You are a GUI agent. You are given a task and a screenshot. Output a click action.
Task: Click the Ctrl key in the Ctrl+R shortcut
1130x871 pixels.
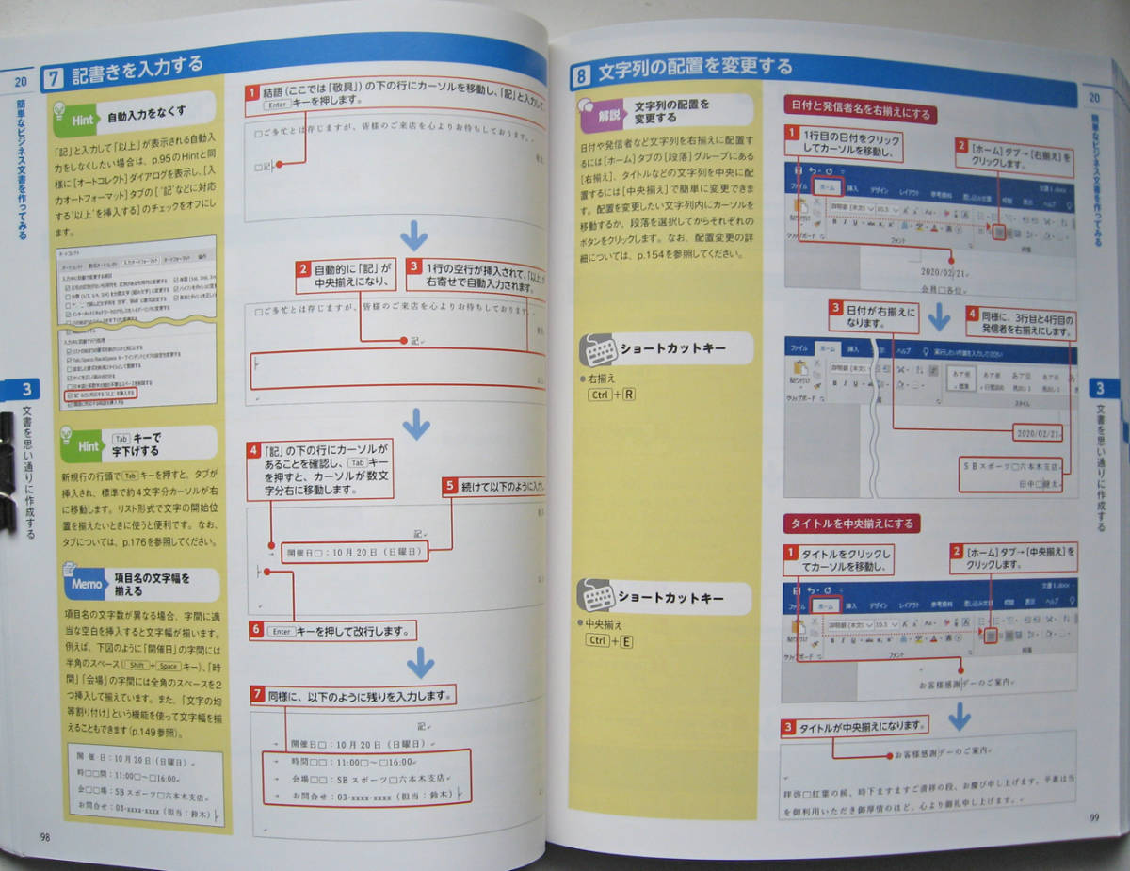click(599, 395)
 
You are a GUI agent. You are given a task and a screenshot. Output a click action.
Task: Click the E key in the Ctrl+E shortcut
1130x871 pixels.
click(627, 641)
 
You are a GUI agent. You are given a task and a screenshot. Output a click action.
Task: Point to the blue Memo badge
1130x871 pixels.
click(86, 584)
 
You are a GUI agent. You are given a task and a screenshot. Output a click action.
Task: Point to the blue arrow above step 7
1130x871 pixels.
click(420, 665)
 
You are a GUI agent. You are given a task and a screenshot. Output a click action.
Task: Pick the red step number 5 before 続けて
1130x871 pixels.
click(450, 487)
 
